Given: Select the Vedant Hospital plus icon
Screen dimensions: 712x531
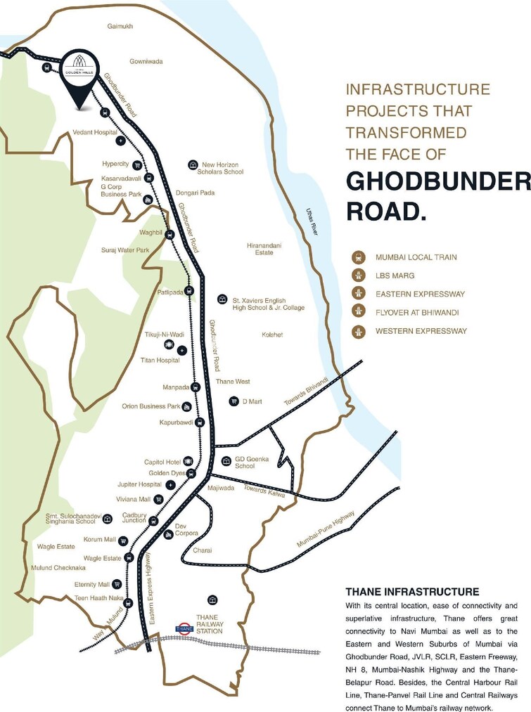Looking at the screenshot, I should coord(120,141).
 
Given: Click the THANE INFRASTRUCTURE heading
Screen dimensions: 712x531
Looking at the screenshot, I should coord(412,592).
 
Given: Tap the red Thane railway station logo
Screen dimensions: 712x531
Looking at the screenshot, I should coord(184,628).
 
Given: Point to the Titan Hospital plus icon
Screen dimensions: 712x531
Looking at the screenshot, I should coord(181,350).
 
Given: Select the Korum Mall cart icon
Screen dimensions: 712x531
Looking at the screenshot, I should coord(124,541).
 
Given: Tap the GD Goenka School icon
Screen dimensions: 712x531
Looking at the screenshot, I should coord(226,462).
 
